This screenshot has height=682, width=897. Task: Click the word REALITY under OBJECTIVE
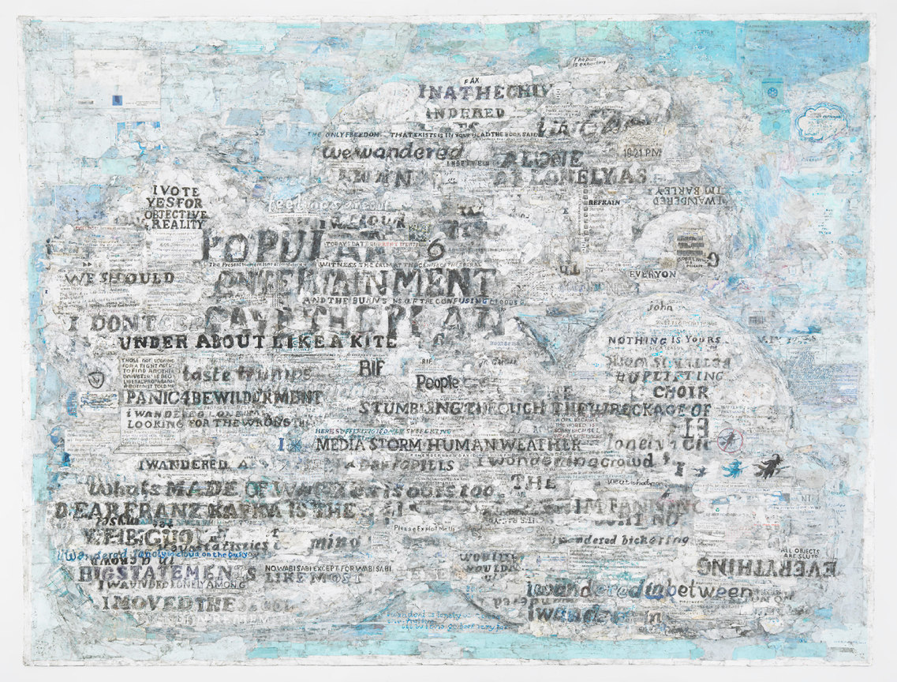pos(176,224)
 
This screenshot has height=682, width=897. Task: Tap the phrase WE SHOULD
pos(119,279)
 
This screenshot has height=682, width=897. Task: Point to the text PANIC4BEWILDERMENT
pos(223,397)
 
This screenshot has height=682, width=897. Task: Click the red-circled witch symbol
pos(731,443)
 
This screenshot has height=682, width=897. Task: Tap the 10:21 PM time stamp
pos(640,152)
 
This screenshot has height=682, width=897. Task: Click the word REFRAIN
pos(607,203)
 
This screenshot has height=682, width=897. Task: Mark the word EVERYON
pos(652,274)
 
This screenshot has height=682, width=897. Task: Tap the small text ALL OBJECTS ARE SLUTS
pos(798,554)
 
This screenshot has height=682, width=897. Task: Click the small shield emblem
pos(95,380)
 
